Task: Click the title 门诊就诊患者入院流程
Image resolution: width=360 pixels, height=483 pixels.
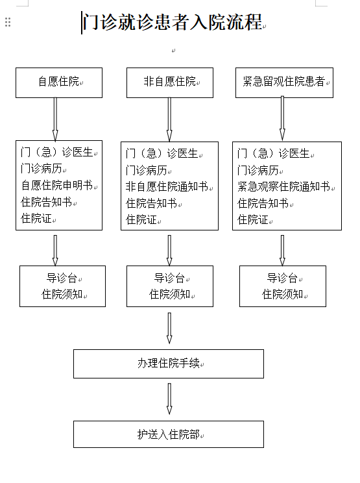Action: [x=173, y=22]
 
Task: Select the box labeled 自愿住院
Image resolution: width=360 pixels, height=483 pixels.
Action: [x=59, y=83]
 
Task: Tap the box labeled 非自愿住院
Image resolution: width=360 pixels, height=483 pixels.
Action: [x=170, y=83]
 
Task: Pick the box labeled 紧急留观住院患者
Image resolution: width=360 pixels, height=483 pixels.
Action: [x=284, y=83]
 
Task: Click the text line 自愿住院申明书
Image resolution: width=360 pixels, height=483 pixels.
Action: [x=57, y=186]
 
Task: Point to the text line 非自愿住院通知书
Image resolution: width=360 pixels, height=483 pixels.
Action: [x=167, y=187]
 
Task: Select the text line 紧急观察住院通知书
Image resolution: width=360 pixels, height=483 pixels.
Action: [x=283, y=187]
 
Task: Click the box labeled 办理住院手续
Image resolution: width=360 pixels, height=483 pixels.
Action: [x=169, y=364]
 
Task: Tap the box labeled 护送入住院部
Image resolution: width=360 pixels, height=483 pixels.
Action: [x=169, y=434]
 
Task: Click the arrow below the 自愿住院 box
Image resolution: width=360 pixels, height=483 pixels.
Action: [x=55, y=119]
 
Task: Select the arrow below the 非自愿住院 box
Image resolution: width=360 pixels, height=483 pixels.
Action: [x=169, y=119]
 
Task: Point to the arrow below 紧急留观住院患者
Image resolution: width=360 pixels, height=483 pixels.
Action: [x=282, y=119]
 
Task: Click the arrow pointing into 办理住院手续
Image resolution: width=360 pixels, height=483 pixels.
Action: [x=169, y=328]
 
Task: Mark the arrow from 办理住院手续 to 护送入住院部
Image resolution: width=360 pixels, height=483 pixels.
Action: [x=169, y=399]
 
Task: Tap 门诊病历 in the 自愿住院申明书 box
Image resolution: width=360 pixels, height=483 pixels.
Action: [x=42, y=169]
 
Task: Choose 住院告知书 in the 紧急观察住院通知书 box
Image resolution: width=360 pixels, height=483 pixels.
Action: [x=263, y=203]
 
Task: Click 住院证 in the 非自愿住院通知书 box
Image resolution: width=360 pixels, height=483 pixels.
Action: [x=141, y=220]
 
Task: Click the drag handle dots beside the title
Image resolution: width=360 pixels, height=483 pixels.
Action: [x=8, y=22]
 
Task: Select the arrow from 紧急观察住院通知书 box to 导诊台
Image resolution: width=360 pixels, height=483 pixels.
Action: [x=282, y=251]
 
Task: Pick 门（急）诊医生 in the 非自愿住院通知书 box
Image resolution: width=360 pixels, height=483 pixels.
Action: [x=162, y=153]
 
